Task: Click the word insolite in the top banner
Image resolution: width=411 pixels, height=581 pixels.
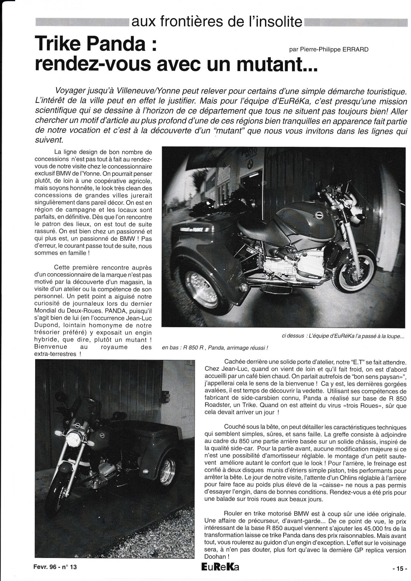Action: [276, 22]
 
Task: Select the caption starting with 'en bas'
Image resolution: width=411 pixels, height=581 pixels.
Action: [215, 348]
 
